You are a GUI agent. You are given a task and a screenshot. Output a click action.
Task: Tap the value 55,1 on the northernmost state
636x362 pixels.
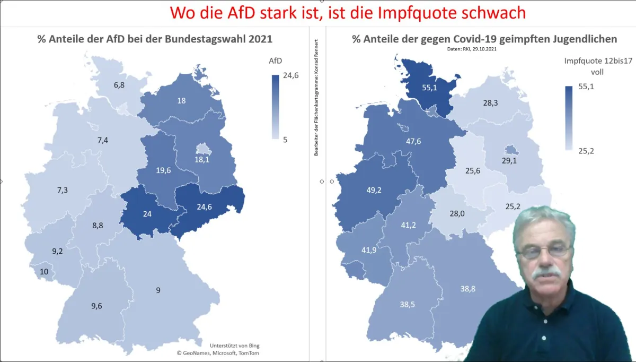click(429, 88)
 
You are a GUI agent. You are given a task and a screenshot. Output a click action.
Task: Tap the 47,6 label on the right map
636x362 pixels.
click(413, 141)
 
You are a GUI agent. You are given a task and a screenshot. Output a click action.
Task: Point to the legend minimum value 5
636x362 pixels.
click(285, 140)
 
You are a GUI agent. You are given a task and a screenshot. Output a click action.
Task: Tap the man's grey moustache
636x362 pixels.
click(546, 273)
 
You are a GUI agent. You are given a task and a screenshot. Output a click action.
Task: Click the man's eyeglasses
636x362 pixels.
click(544, 252)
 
